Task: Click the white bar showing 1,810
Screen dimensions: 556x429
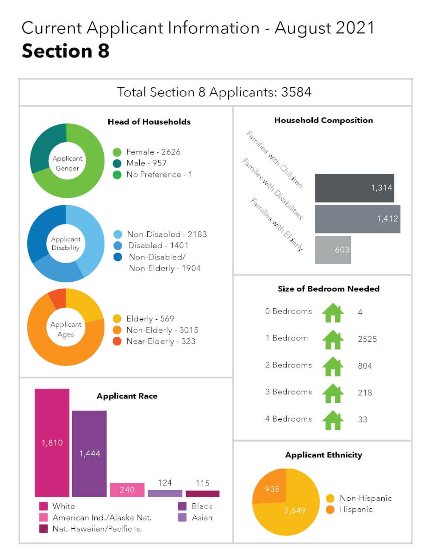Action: (52, 442)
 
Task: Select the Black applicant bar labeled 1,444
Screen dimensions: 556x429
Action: (89, 454)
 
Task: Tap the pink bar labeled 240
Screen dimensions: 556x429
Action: (127, 490)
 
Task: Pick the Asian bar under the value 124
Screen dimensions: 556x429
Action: (165, 493)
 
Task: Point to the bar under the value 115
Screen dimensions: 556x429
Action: (203, 494)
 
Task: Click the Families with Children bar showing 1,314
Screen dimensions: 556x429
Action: (354, 188)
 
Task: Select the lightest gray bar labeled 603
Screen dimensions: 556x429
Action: (333, 250)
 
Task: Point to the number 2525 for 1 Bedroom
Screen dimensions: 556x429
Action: (367, 339)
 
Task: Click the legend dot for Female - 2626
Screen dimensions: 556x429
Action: (117, 152)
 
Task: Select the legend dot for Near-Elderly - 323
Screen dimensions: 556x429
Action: (117, 341)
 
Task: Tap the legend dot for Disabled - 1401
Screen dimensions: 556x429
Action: (117, 246)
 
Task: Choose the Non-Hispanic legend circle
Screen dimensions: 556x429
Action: (330, 499)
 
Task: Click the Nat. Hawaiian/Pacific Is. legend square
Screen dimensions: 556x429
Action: (44, 529)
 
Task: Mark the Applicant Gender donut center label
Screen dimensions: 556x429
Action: (67, 163)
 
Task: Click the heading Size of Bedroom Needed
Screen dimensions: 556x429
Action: (328, 289)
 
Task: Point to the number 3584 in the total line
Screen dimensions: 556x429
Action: (296, 92)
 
